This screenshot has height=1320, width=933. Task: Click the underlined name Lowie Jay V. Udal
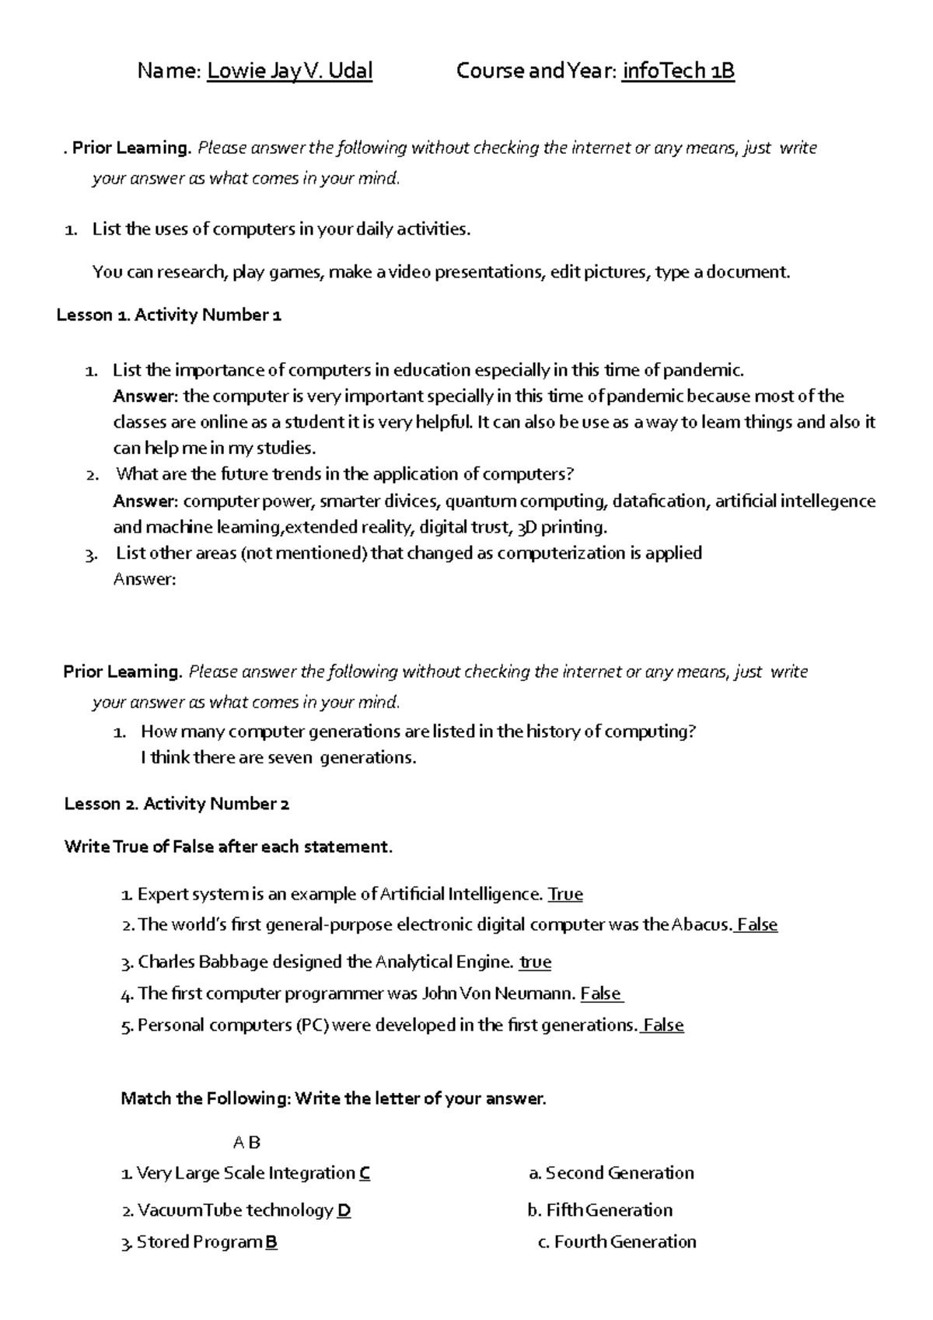pyautogui.click(x=289, y=72)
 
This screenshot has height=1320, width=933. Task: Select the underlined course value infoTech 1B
pyautogui.click(x=678, y=72)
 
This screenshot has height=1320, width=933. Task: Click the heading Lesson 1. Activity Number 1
pyautogui.click(x=169, y=315)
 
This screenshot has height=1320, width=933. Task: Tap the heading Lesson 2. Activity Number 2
pyautogui.click(x=176, y=804)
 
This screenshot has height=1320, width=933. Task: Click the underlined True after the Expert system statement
pyautogui.click(x=565, y=894)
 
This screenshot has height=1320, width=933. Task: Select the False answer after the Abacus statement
pyautogui.click(x=757, y=925)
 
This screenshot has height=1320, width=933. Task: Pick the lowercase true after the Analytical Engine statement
pyautogui.click(x=535, y=962)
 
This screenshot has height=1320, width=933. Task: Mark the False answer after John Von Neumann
pyautogui.click(x=601, y=993)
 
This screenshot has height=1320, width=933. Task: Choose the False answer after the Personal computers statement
pyautogui.click(x=663, y=1025)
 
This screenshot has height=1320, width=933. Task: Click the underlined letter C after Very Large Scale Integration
pyautogui.click(x=365, y=1173)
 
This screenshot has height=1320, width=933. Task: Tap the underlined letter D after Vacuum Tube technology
pyautogui.click(x=344, y=1210)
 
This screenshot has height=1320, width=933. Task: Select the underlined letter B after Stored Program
pyautogui.click(x=271, y=1241)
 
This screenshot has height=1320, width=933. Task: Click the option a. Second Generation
pyautogui.click(x=611, y=1173)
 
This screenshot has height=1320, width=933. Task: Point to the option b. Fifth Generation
pyautogui.click(x=599, y=1210)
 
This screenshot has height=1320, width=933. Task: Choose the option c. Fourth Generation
pyautogui.click(x=617, y=1241)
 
